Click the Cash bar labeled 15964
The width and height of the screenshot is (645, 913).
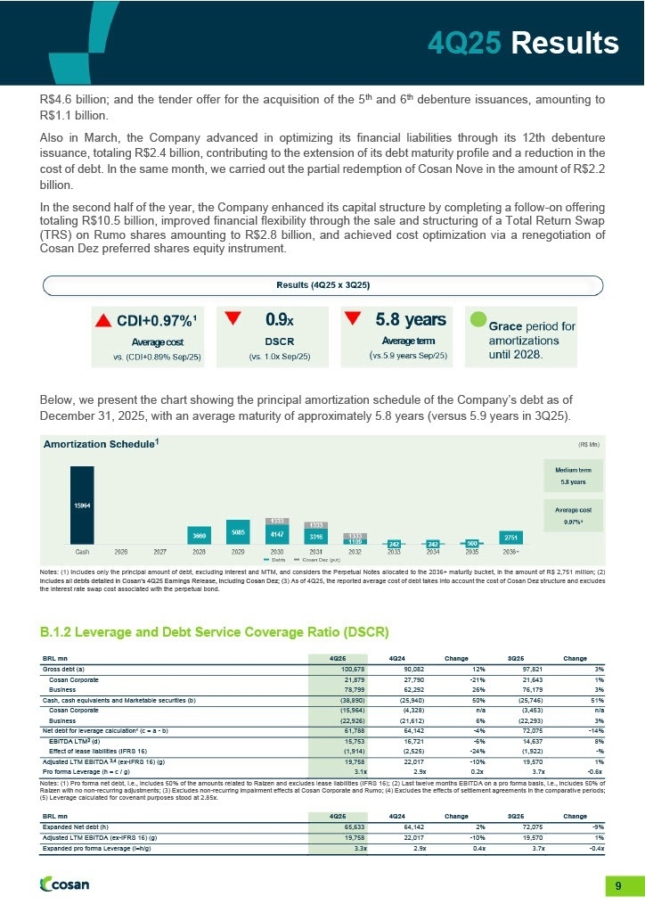(82, 506)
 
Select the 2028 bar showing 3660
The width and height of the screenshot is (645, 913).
(201, 535)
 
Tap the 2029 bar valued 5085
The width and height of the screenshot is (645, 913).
(239, 531)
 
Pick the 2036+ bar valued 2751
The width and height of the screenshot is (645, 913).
(510, 538)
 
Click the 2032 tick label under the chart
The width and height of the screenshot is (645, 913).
(355, 553)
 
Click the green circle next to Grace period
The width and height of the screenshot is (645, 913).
(478, 319)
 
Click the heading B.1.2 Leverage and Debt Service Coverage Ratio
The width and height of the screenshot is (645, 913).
(215, 632)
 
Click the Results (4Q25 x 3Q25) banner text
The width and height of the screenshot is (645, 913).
(322, 284)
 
